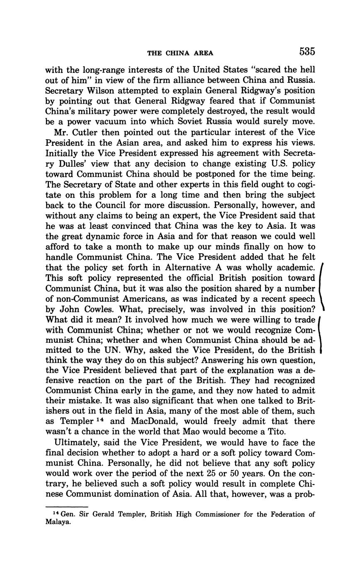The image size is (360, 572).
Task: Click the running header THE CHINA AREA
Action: [180, 53]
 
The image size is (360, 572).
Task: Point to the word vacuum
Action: [118, 122]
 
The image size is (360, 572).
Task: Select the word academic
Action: [293, 267]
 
